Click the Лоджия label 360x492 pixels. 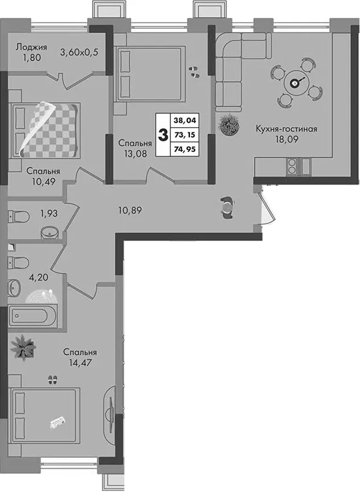click(x=31, y=47)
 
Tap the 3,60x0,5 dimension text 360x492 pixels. click(x=79, y=52)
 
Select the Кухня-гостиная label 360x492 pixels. click(x=286, y=129)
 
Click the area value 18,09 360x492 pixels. click(x=287, y=140)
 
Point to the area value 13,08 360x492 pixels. click(x=135, y=154)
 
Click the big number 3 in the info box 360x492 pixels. click(x=163, y=135)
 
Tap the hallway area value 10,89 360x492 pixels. click(x=130, y=210)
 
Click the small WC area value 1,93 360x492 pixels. click(x=48, y=214)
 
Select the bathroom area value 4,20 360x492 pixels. click(x=39, y=278)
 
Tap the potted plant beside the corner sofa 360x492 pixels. click(x=229, y=125)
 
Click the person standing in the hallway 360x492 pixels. click(x=227, y=208)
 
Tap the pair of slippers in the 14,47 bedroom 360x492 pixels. click(x=53, y=379)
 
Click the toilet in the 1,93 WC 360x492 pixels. click(x=19, y=216)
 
